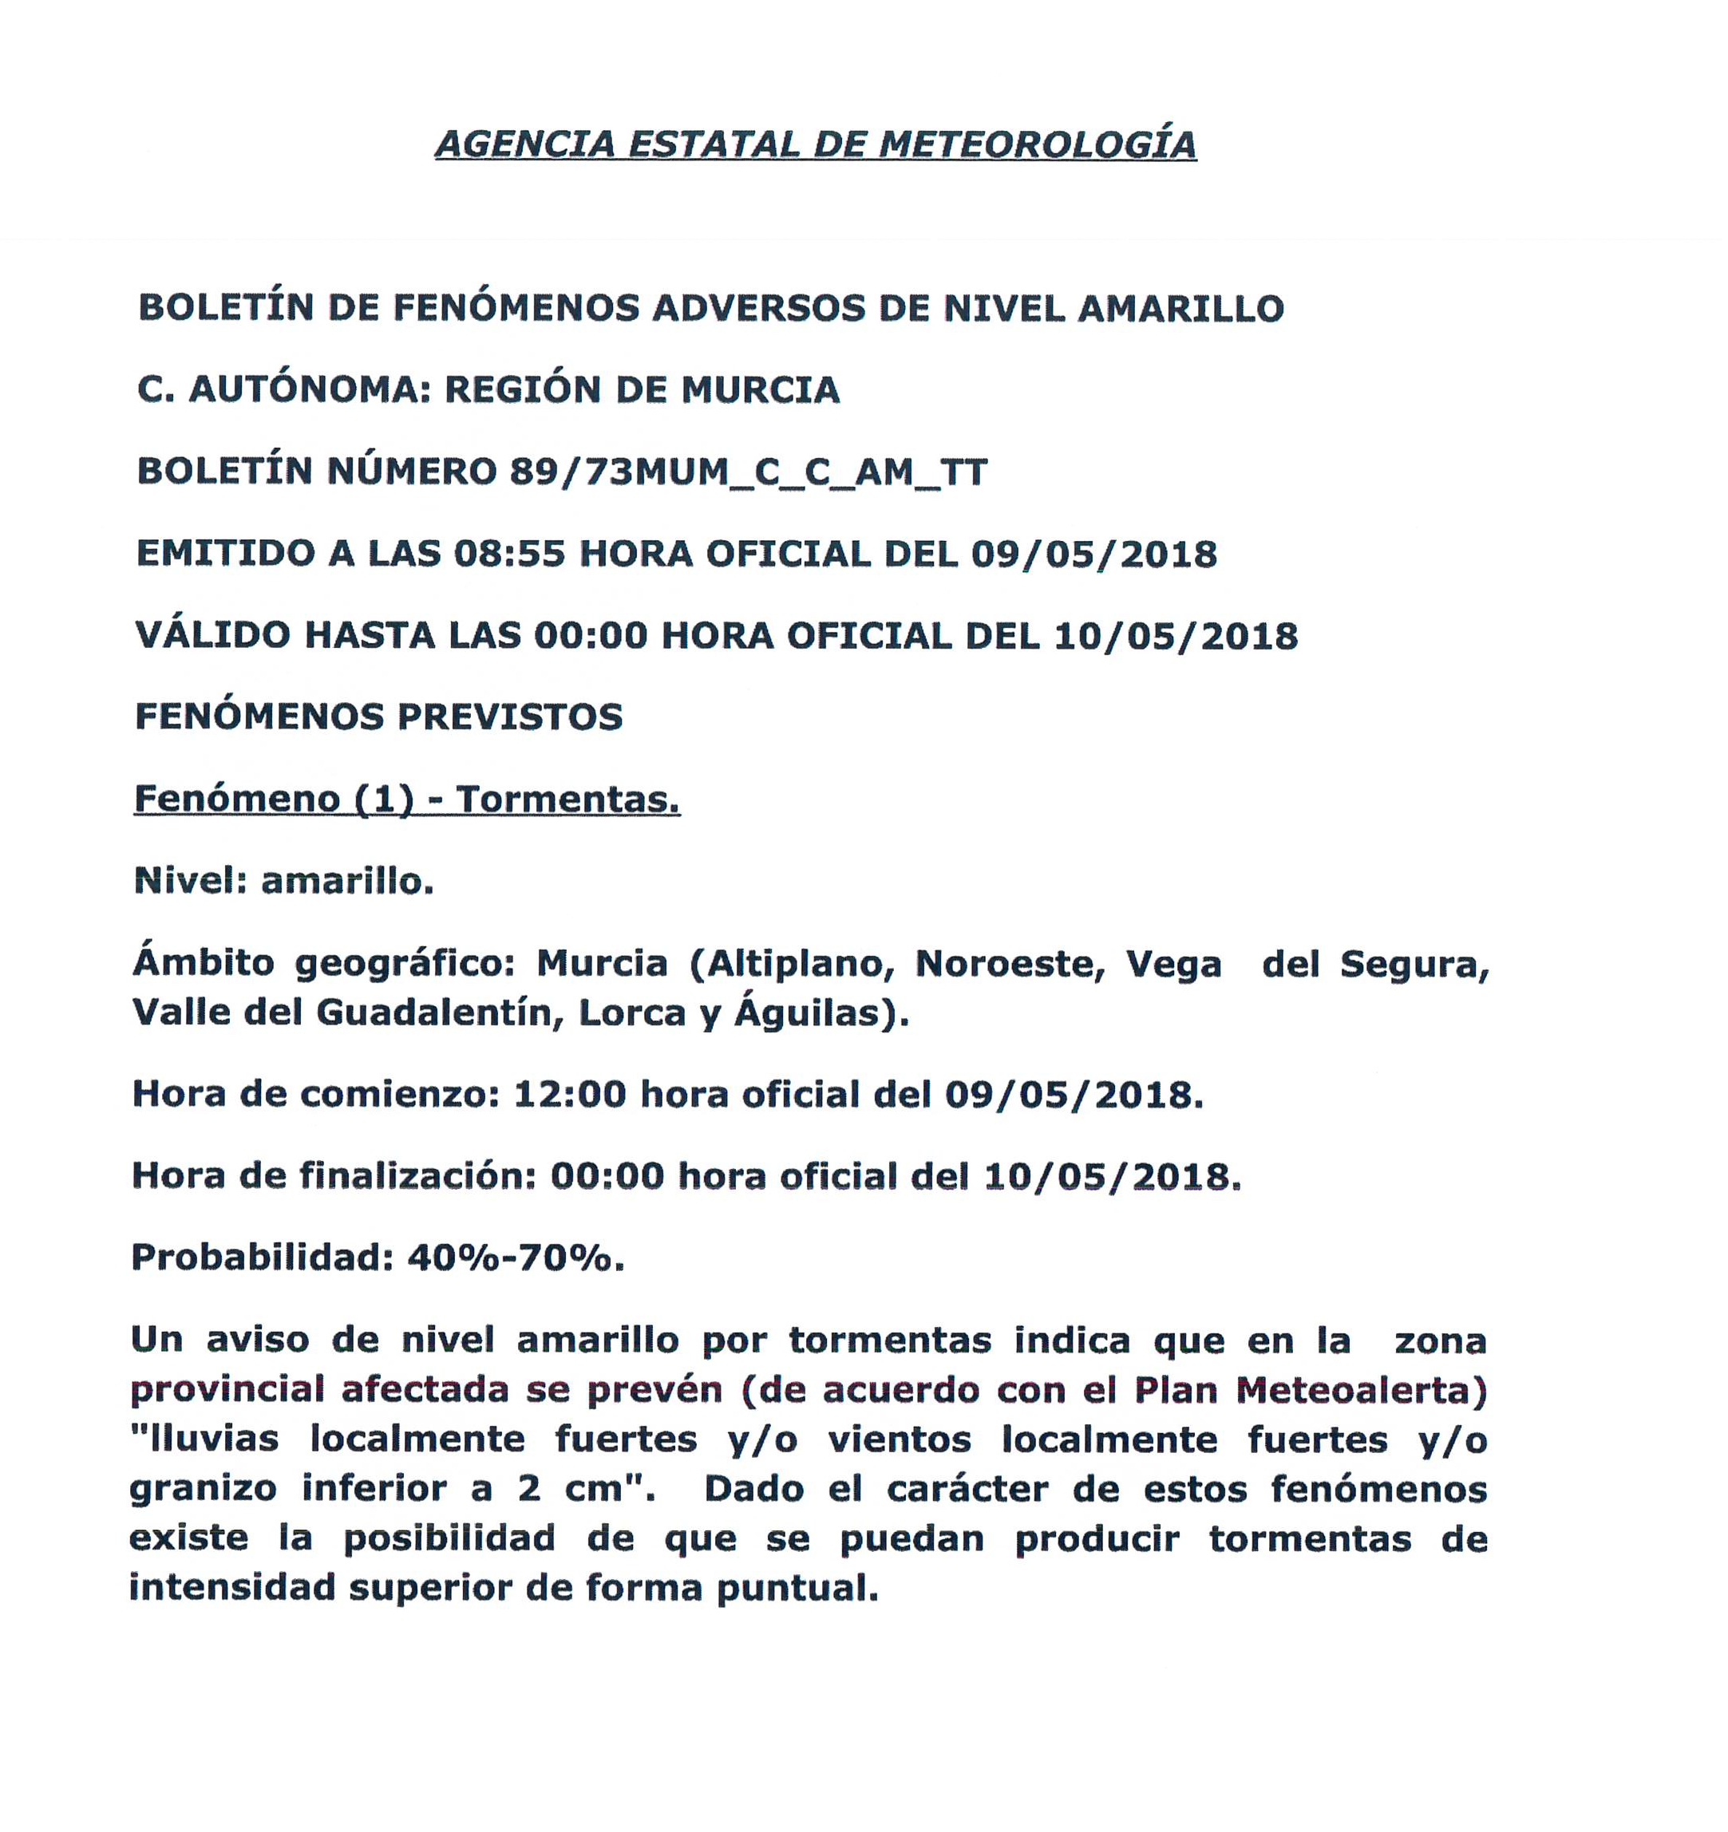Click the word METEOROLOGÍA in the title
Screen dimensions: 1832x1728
tap(1038, 144)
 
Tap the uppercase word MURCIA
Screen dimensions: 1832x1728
tap(761, 390)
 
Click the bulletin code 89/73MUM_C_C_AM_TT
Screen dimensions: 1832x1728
tap(749, 472)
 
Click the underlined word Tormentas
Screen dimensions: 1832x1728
tap(567, 799)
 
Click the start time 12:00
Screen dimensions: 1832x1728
tap(570, 1095)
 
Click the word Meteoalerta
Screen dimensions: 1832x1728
tap(1360, 1391)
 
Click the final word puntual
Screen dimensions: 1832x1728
tap(797, 1588)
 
